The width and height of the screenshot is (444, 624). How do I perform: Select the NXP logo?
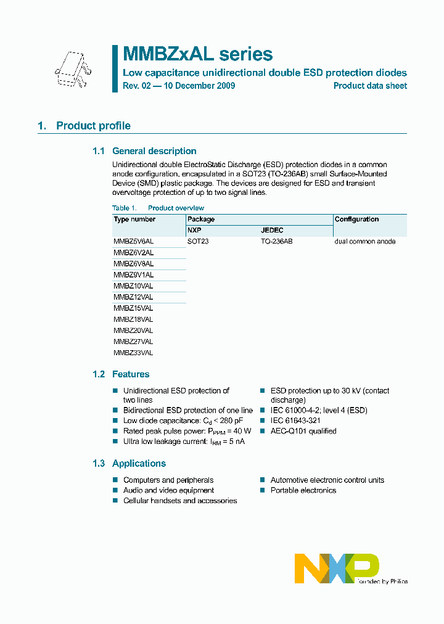coord(337,568)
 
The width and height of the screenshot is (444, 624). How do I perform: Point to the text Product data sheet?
coord(370,86)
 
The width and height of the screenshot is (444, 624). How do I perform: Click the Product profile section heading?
coord(93,126)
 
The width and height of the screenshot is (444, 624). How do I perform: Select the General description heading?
coord(154,151)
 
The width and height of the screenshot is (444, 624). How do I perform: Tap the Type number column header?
coord(134,220)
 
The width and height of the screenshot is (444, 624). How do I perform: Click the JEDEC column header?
coord(272,231)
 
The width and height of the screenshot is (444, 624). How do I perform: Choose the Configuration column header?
coord(356,220)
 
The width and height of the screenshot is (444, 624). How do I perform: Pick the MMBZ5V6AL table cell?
coord(134,242)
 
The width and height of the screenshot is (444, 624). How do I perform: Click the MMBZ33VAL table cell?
coord(133,353)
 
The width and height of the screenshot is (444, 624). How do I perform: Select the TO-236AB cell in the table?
coord(276,242)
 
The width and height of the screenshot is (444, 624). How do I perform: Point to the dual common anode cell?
coord(364,242)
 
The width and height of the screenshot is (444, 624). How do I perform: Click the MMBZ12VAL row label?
coord(133,297)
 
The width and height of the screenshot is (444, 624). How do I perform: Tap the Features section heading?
coord(130,374)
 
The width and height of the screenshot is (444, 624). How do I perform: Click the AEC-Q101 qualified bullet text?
coord(303,431)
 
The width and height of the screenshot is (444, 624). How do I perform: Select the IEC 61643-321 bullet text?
coord(297,421)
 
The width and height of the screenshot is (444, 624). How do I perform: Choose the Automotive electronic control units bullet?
coord(327,480)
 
